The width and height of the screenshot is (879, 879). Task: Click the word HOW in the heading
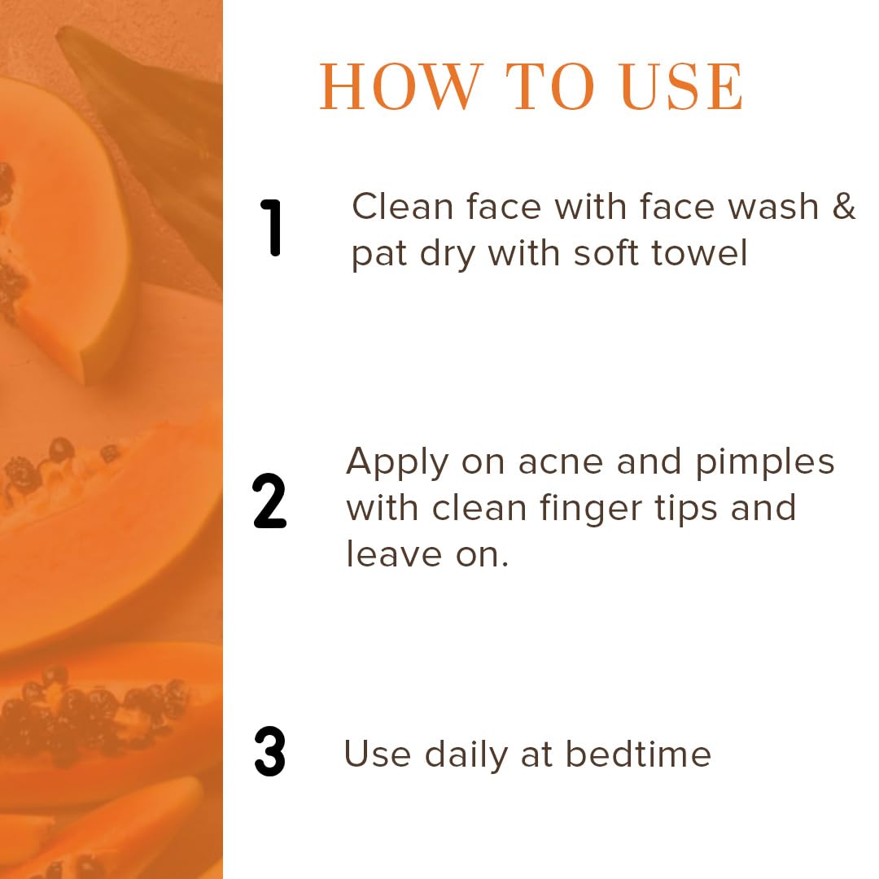click(x=400, y=86)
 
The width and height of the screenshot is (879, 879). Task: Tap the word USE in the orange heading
click(x=682, y=86)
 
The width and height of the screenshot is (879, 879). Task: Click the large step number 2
click(x=269, y=501)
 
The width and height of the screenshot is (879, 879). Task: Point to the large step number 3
click(x=269, y=752)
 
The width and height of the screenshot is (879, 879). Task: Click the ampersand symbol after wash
click(x=844, y=206)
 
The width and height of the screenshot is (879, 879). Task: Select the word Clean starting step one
click(x=403, y=206)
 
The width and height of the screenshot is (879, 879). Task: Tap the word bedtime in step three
click(x=638, y=754)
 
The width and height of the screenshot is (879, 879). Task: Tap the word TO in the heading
click(x=550, y=86)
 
